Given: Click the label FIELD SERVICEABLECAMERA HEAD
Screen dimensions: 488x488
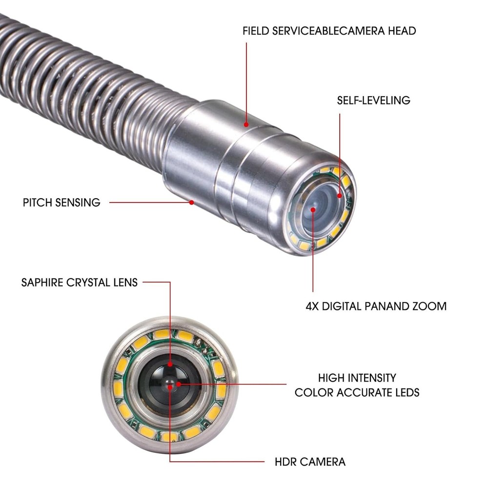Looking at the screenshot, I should click(329, 31).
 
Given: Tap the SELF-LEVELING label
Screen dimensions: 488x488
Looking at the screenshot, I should click(373, 101).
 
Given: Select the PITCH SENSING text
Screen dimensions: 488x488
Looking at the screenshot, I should click(61, 202).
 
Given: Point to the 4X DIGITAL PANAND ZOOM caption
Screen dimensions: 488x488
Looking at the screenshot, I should click(376, 306).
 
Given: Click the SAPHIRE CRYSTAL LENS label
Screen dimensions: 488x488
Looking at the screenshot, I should click(80, 282).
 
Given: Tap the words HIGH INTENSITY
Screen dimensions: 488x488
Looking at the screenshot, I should click(357, 378).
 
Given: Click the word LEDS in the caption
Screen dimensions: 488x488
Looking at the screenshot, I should click(404, 392).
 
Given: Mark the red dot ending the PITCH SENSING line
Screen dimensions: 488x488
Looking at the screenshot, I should click(192, 202).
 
